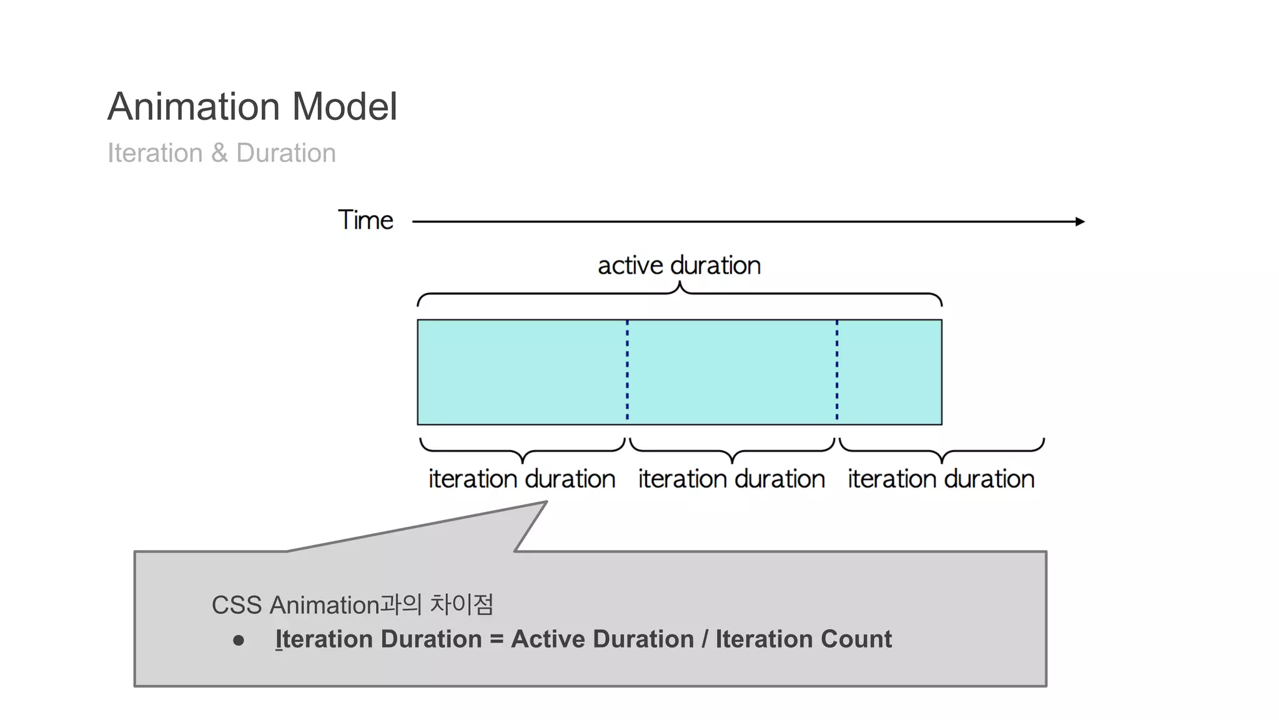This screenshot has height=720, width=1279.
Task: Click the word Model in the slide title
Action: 344,106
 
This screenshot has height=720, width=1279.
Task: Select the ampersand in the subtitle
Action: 219,153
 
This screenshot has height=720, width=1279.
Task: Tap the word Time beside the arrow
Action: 365,221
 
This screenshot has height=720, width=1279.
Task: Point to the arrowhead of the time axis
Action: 1080,221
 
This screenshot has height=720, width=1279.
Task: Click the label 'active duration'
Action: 679,266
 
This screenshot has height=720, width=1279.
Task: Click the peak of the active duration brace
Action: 679,284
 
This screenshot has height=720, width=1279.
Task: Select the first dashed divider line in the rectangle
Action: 627,371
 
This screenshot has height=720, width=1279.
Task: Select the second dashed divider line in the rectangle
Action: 837,371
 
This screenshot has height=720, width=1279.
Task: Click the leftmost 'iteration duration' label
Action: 521,479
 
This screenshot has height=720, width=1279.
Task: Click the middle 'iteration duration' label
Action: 731,479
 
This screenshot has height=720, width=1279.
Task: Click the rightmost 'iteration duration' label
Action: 941,479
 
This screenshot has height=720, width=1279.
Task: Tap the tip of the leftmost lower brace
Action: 522,461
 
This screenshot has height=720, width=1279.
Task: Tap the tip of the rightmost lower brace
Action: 941,461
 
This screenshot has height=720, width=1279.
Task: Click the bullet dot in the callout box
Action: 238,641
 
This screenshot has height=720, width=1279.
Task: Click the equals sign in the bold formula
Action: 496,639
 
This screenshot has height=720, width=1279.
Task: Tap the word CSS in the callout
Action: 237,605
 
